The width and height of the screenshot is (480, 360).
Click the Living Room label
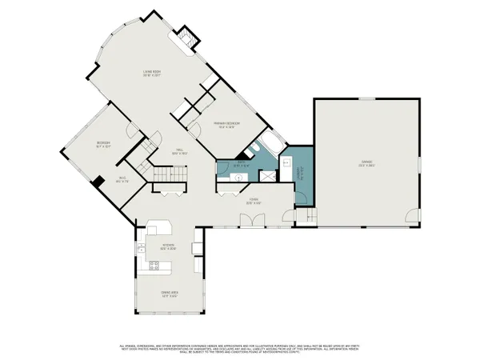152,74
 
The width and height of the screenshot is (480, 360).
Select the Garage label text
366,163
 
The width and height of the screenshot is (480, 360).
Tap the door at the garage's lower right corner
410,215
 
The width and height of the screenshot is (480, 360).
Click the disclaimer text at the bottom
240,350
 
